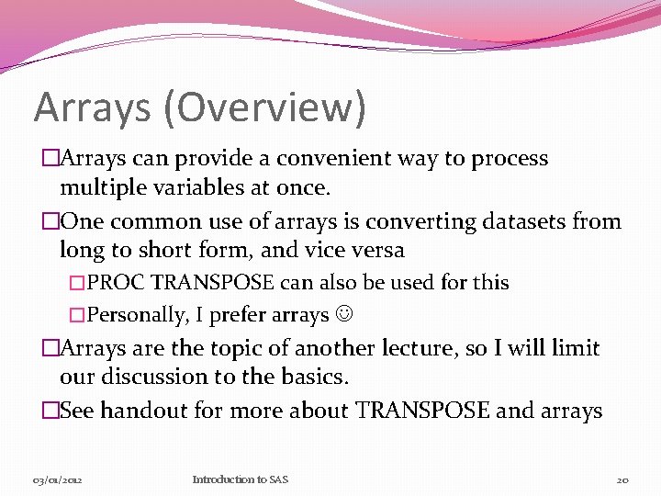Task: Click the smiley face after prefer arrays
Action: pyautogui.click(x=344, y=315)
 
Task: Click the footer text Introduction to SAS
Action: pyautogui.click(x=240, y=479)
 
